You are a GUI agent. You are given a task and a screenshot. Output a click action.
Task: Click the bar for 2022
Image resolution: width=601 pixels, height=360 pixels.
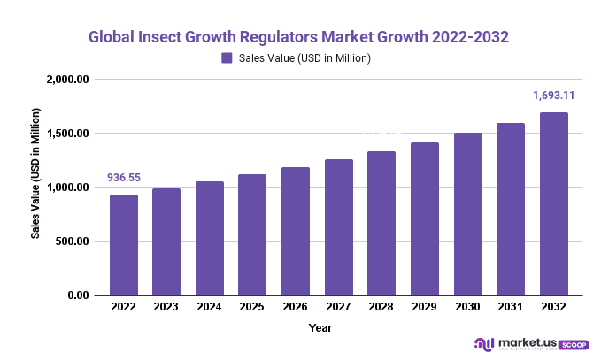point(124,245)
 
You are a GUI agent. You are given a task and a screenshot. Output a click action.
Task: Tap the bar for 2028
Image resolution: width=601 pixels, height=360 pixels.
point(381,223)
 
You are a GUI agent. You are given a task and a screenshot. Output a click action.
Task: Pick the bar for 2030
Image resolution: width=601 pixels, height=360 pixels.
point(467,214)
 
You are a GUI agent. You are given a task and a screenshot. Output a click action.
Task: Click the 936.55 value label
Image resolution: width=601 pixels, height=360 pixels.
point(125,178)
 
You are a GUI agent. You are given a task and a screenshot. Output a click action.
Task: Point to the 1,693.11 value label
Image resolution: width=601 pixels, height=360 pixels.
point(553,96)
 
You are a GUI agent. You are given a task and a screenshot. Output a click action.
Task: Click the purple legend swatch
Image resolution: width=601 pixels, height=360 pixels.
point(227,58)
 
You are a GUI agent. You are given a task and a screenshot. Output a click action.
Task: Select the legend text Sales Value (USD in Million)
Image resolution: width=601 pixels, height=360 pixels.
point(304,58)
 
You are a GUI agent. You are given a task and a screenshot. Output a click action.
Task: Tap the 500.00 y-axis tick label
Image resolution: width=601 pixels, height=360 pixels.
point(72,241)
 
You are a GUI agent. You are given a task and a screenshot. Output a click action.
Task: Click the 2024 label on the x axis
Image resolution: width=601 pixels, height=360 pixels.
point(210,307)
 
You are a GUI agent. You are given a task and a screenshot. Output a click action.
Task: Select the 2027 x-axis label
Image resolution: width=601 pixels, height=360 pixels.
point(338,307)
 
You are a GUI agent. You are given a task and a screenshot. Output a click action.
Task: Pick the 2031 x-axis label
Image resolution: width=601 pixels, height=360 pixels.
point(510,307)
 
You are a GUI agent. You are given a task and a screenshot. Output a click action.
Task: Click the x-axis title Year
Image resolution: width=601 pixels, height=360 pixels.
point(320,327)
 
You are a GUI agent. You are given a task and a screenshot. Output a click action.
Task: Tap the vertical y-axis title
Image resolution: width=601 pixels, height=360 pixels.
point(36,174)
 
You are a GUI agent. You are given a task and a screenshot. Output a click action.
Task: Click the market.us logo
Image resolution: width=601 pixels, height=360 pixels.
point(530,343)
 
